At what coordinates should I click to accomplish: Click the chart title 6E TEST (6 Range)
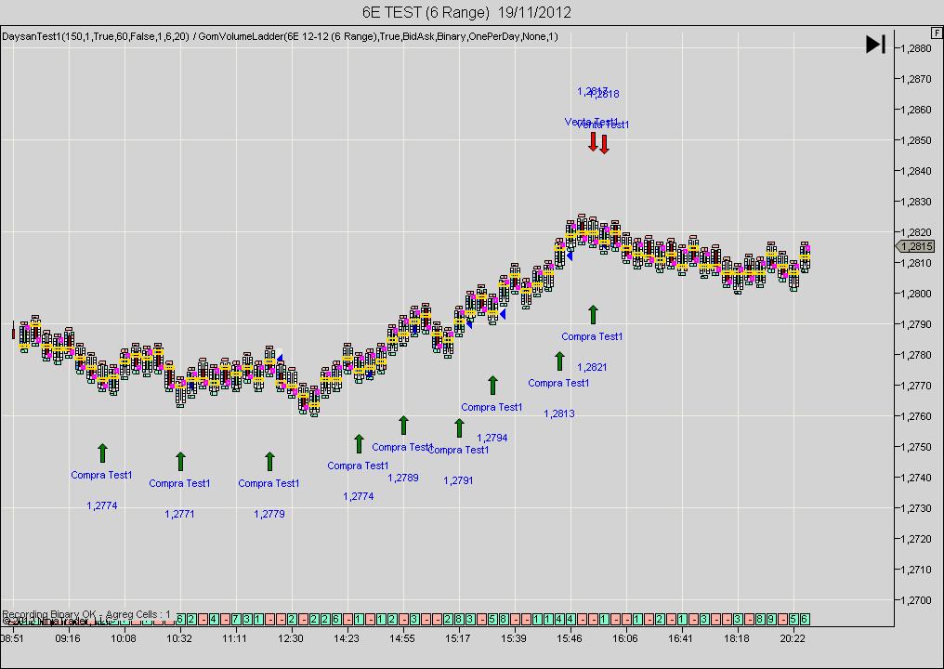point(426,12)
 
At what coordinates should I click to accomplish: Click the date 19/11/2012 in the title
point(534,12)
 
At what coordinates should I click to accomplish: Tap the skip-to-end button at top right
point(875,44)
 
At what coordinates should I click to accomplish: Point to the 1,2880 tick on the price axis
point(917,48)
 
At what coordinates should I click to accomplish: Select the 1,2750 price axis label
point(917,447)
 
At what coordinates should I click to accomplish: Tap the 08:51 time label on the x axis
point(12,639)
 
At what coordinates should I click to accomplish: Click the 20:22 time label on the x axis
point(793,639)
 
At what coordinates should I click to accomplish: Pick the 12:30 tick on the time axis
point(291,639)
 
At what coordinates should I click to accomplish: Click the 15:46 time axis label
point(570,639)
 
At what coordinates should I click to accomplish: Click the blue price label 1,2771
point(179,514)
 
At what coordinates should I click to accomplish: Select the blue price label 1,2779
point(269,514)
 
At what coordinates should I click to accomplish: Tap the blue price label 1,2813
point(559,413)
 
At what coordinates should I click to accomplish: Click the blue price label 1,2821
point(592,367)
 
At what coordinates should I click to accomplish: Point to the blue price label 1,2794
point(492,438)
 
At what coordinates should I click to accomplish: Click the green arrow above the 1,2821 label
point(593,315)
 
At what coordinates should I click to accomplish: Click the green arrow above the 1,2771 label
point(180,461)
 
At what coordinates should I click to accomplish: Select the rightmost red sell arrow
point(604,144)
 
